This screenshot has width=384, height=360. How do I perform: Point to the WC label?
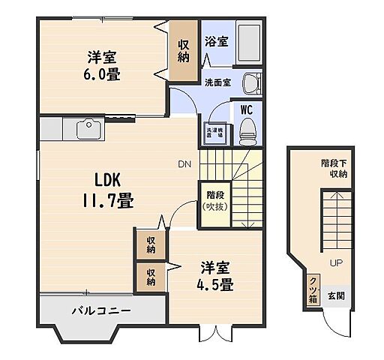[x=246, y=109]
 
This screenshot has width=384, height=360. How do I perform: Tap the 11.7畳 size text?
[x=114, y=201]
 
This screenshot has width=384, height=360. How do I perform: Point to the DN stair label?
[x=184, y=164]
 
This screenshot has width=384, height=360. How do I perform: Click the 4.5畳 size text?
[x=214, y=285]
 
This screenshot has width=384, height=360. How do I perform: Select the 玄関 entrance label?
[x=336, y=295]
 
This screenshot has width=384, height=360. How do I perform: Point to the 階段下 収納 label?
[x=333, y=168]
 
